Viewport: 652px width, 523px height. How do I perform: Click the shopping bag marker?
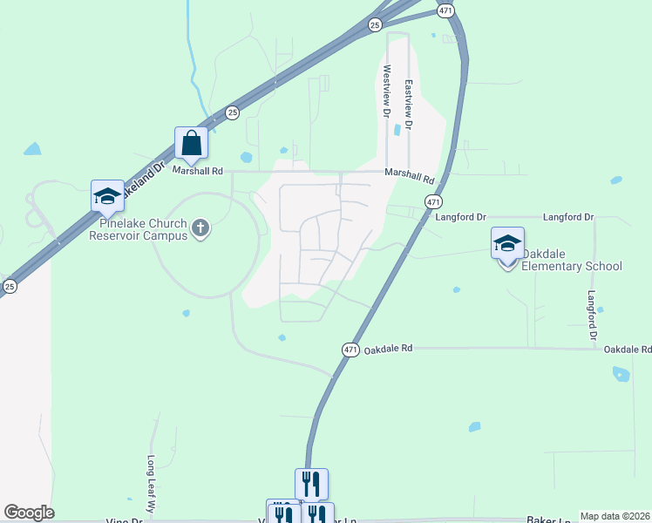click(191, 142)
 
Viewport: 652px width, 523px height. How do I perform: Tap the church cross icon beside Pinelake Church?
click(200, 228)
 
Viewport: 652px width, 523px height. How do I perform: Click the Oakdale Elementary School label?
click(572, 266)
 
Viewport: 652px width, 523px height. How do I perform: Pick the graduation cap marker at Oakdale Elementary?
click(507, 243)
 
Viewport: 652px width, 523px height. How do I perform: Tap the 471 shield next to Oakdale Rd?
click(350, 350)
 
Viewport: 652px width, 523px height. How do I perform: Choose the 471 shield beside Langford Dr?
click(433, 201)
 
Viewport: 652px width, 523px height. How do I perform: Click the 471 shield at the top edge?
click(445, 10)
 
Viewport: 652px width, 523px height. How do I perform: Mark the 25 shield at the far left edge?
click(10, 286)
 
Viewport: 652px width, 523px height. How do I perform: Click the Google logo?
click(29, 513)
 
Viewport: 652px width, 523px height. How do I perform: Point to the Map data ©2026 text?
click(615, 516)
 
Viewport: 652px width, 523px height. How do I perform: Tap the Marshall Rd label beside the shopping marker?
click(197, 171)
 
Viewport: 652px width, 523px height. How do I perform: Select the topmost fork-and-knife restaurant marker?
click(311, 483)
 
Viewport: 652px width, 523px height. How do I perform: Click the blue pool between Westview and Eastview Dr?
click(397, 130)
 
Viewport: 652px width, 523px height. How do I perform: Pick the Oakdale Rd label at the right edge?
click(628, 350)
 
